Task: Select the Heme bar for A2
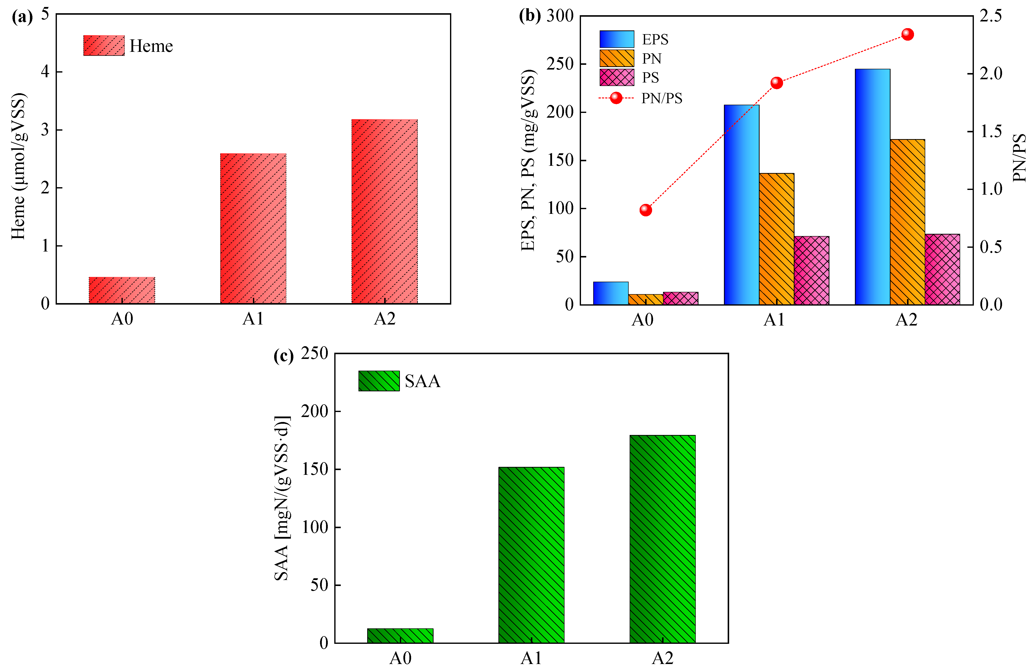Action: (385, 211)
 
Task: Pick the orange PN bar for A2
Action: (908, 222)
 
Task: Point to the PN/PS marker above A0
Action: (646, 210)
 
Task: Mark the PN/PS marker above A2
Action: (908, 34)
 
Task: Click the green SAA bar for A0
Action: (400, 636)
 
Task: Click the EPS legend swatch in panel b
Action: (617, 39)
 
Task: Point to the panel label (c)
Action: (284, 356)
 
